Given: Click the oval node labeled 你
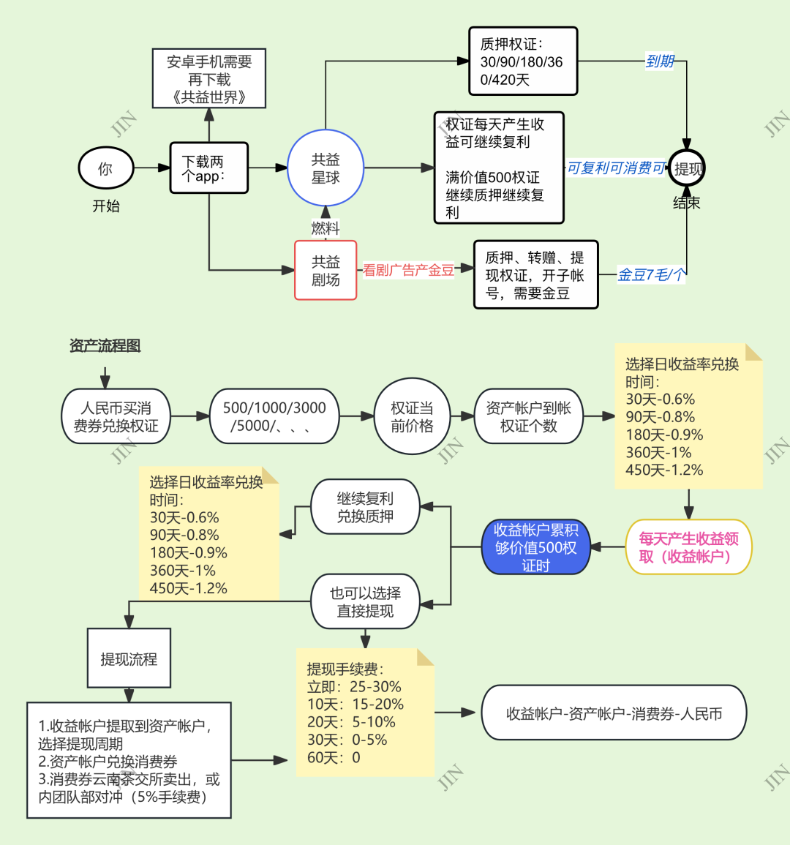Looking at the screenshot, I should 106,168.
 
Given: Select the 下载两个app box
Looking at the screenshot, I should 209,168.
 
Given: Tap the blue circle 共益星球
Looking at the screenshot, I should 326,168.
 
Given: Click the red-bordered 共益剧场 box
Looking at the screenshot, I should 326,270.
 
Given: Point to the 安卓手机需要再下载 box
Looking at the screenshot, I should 209,79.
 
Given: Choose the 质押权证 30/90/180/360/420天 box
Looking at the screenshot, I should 523,61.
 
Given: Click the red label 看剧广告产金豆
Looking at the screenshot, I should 408,270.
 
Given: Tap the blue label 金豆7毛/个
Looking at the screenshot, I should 652,275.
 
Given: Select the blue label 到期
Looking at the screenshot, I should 660,61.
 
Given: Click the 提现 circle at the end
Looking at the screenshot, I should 687,169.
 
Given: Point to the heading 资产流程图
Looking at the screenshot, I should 105,345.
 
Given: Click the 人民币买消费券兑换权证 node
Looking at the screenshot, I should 116,417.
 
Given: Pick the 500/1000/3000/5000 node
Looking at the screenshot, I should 274,417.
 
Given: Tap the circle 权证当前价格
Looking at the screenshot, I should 412,417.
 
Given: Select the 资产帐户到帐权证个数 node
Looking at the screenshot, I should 528,417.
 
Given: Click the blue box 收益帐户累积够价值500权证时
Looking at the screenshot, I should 535,547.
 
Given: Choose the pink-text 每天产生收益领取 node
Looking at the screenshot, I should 688,547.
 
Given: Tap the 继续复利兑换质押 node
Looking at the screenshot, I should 365,507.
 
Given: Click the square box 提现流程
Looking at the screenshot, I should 129,658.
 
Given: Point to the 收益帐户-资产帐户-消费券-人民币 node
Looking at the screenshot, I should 614,713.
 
